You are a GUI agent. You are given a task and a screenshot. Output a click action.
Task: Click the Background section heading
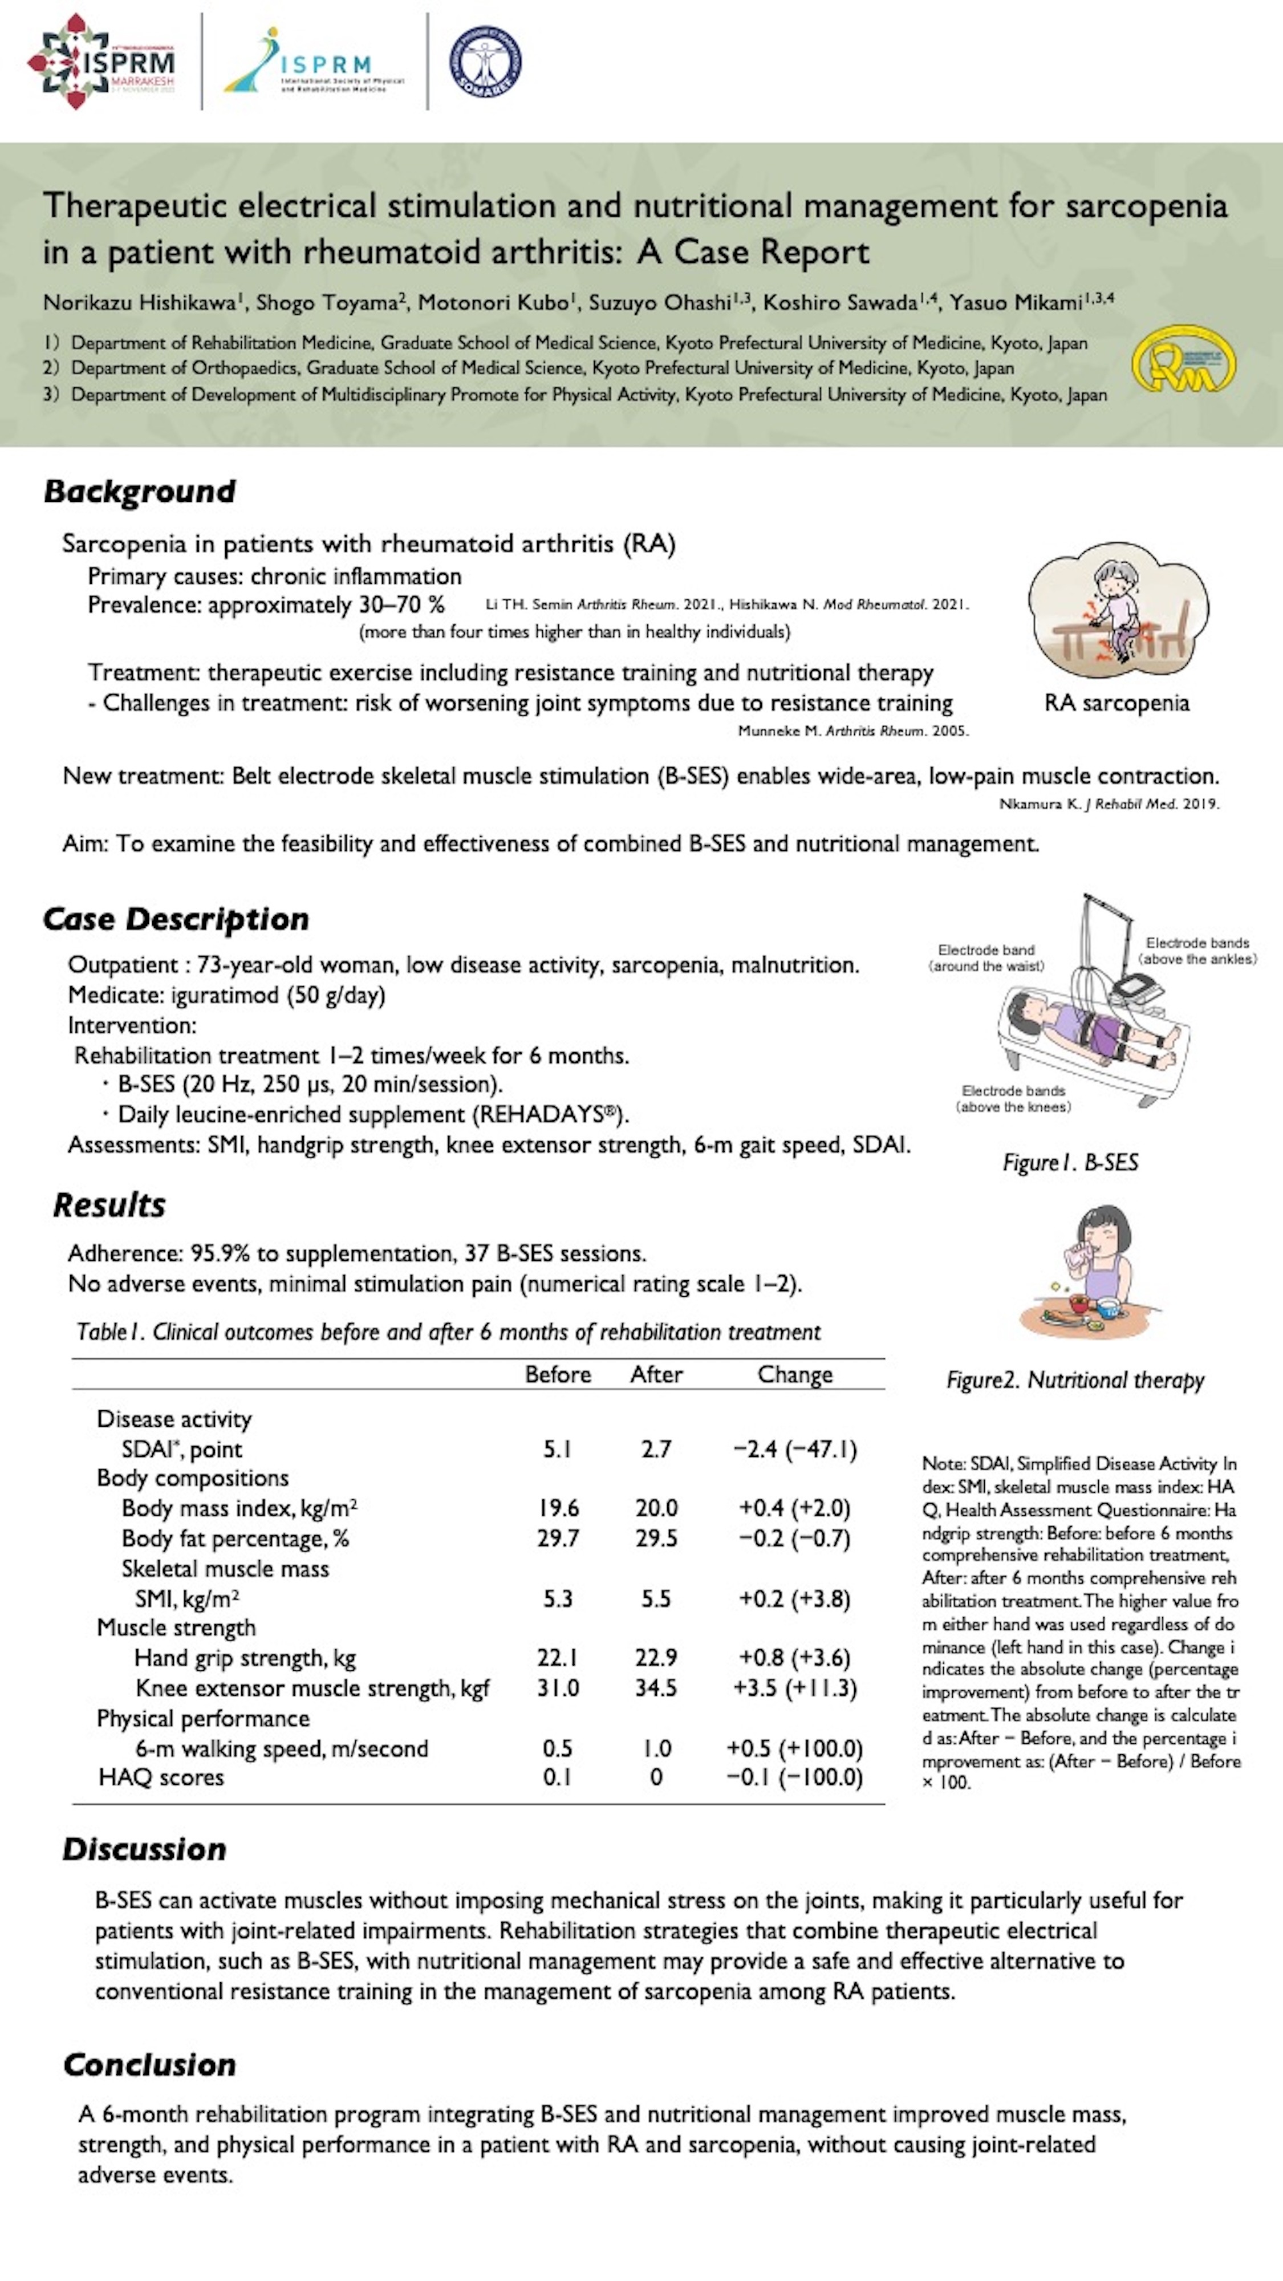coord(140,492)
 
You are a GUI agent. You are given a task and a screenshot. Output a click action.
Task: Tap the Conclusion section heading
coord(149,2064)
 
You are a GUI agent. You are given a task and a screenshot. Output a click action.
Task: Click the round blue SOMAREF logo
coord(485,61)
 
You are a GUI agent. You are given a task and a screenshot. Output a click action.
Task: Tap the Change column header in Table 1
coord(794,1374)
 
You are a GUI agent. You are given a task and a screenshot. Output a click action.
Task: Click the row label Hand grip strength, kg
coord(245,1658)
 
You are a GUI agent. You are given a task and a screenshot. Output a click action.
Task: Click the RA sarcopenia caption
coord(1116,703)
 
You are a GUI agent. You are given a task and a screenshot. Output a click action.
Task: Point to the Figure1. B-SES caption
coord(1070,1163)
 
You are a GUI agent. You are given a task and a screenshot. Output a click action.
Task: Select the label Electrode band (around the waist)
coord(986,957)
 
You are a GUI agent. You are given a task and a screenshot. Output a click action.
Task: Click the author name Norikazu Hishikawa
coord(139,303)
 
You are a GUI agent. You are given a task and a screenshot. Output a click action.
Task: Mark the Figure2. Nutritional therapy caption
coord(1075,1379)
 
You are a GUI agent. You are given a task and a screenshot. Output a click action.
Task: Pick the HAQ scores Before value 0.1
coord(557,1777)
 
